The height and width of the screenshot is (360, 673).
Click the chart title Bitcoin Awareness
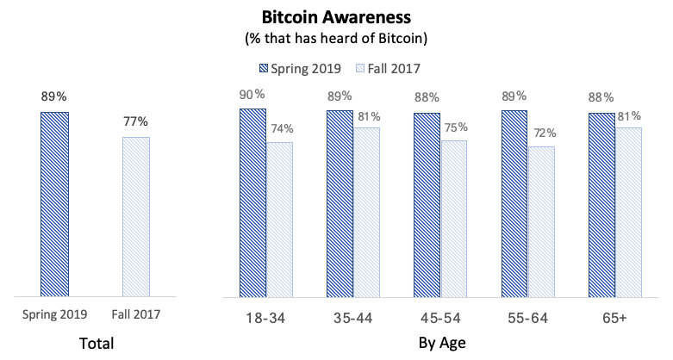[x=337, y=17]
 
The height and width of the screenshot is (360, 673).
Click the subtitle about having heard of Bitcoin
[x=337, y=39]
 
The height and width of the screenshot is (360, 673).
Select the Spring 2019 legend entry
[x=302, y=66]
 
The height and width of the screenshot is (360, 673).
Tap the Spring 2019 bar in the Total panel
[x=55, y=203]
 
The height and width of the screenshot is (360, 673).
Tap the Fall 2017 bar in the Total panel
[x=136, y=216]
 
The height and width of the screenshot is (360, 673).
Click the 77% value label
[x=136, y=121]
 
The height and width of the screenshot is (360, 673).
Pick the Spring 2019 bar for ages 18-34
[x=252, y=202]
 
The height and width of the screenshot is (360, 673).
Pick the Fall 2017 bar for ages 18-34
[x=280, y=220]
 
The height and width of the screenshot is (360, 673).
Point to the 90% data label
[x=252, y=93]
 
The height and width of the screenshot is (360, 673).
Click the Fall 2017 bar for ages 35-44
[x=366, y=212]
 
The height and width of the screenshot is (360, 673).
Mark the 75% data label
[x=454, y=126]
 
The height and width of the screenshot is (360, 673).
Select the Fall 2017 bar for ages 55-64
[x=540, y=221]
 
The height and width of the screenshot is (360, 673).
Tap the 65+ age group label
[x=614, y=319]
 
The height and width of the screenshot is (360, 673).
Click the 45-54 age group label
[x=440, y=319]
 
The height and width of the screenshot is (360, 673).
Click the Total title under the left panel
[x=96, y=344]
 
